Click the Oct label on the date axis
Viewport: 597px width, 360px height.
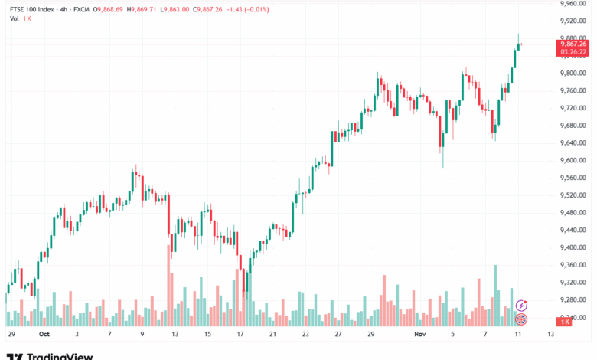44,335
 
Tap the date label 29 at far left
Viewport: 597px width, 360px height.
11,335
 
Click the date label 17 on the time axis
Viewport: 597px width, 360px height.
240,335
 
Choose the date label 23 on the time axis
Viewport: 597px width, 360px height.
305,335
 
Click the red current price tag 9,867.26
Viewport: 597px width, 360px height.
573,44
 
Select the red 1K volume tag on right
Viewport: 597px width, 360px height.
565,322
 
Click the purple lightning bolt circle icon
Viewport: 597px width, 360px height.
522,305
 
